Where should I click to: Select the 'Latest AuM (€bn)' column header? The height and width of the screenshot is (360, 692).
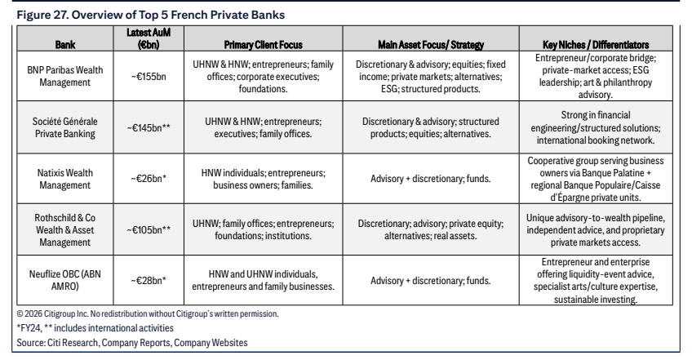[x=149, y=38]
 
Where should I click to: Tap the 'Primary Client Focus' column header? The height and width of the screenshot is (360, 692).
[x=263, y=45]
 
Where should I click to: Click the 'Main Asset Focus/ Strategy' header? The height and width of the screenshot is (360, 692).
[x=431, y=45]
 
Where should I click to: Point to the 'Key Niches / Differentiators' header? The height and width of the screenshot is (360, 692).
[x=596, y=45]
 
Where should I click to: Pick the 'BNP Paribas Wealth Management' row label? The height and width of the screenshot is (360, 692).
[x=65, y=76]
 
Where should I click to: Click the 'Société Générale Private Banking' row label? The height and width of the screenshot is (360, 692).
[x=65, y=127]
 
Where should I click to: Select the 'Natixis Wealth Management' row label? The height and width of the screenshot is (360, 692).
[x=65, y=179]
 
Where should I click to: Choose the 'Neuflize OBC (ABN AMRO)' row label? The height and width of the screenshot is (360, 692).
[x=65, y=280]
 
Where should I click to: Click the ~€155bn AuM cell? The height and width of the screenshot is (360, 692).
[x=149, y=77]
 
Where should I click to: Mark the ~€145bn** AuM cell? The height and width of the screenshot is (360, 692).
[x=149, y=127]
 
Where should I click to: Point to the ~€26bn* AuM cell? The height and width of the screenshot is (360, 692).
[x=149, y=179]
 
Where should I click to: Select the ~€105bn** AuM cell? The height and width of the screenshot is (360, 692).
[x=149, y=229]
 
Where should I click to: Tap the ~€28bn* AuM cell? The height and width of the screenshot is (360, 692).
[x=149, y=280]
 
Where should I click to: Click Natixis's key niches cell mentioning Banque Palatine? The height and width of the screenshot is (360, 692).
[x=596, y=179]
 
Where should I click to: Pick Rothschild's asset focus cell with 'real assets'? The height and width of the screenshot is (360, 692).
[x=431, y=229]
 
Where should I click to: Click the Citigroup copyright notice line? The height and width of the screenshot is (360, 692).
[x=148, y=313]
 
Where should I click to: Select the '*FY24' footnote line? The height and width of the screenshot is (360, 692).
[x=95, y=327]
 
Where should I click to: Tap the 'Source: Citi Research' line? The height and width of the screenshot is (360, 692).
[x=132, y=342]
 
